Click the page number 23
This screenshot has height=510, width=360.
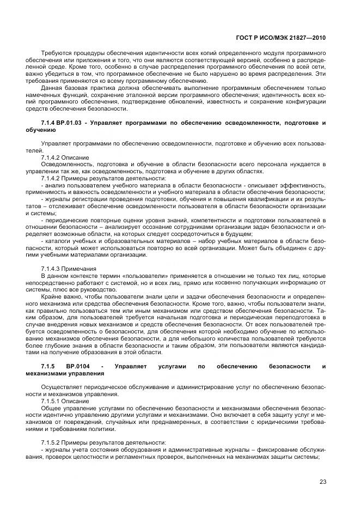[x=322, y=481]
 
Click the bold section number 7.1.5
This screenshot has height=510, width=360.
[x=49, y=367]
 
